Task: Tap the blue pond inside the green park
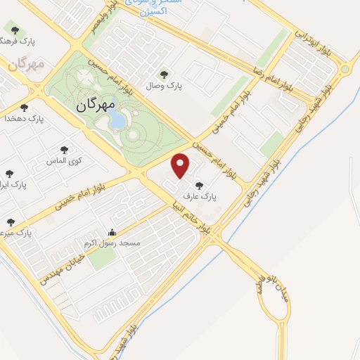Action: pyautogui.click(x=117, y=121)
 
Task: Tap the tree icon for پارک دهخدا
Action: pyautogui.click(x=25, y=108)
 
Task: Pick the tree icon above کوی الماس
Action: pyautogui.click(x=65, y=149)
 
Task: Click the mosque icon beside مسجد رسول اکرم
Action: pyautogui.click(x=111, y=233)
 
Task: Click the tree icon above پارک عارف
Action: pyautogui.click(x=199, y=186)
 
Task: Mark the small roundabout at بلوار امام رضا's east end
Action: pyautogui.click(x=344, y=70)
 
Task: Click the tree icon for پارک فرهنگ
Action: pyautogui.click(x=15, y=30)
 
